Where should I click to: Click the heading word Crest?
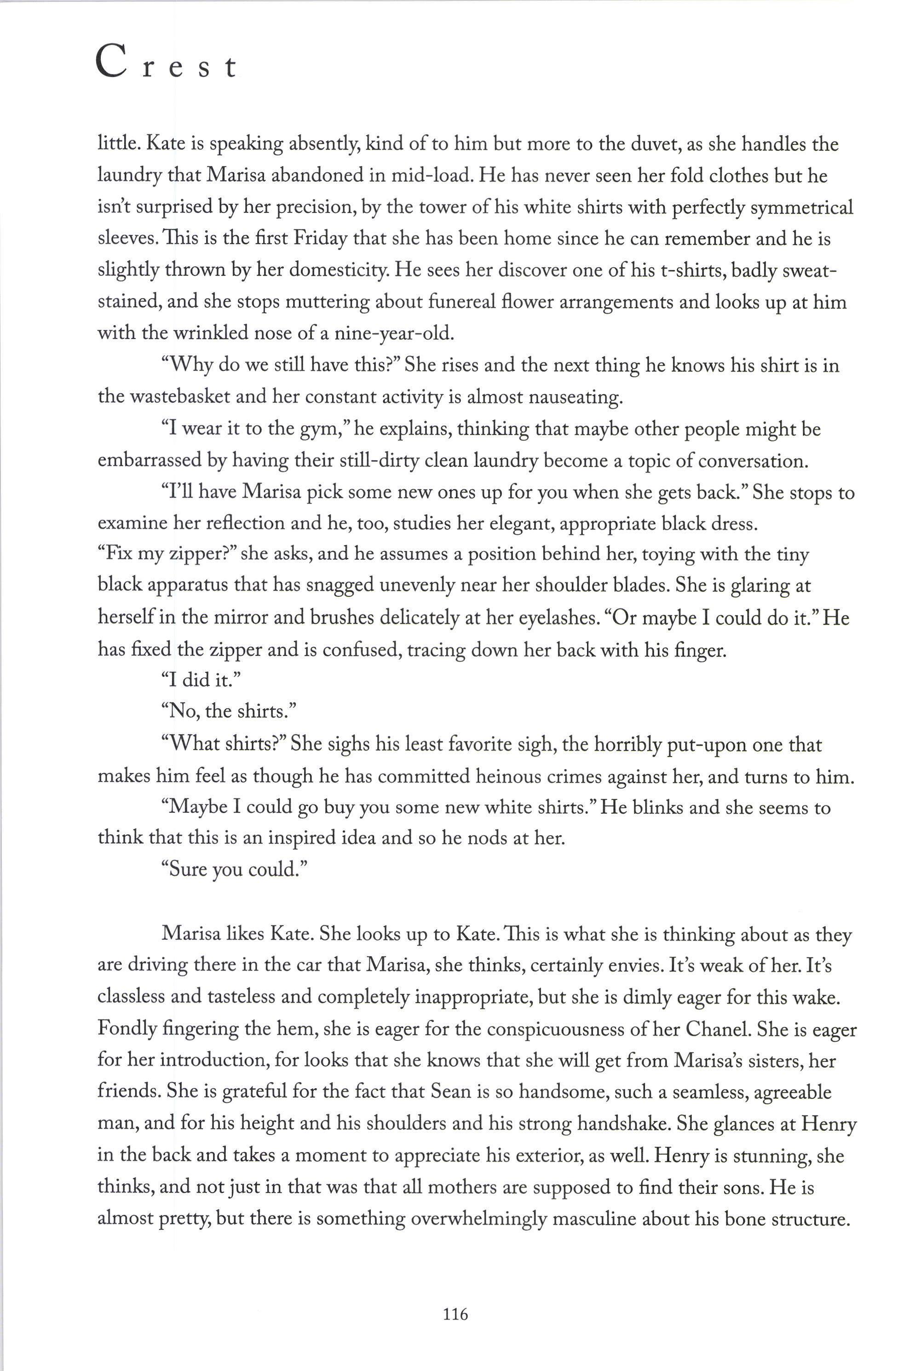coord(166,64)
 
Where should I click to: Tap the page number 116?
coord(455,1314)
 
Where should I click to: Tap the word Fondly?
coord(127,1029)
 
